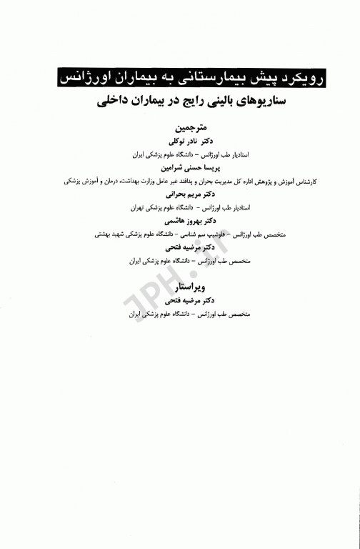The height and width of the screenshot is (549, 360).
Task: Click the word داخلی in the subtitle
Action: (116, 103)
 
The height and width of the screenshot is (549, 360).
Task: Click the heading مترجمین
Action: (178, 129)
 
